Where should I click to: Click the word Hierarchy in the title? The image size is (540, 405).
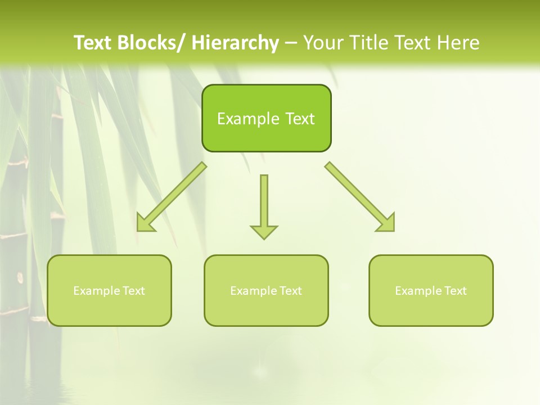pos(235,43)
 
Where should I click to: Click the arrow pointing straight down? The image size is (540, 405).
pos(264,202)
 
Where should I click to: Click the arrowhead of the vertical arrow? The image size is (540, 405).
pos(264,231)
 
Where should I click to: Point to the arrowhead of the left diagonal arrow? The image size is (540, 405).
pos(145,224)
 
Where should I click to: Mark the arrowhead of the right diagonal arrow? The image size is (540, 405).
pos(387,223)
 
